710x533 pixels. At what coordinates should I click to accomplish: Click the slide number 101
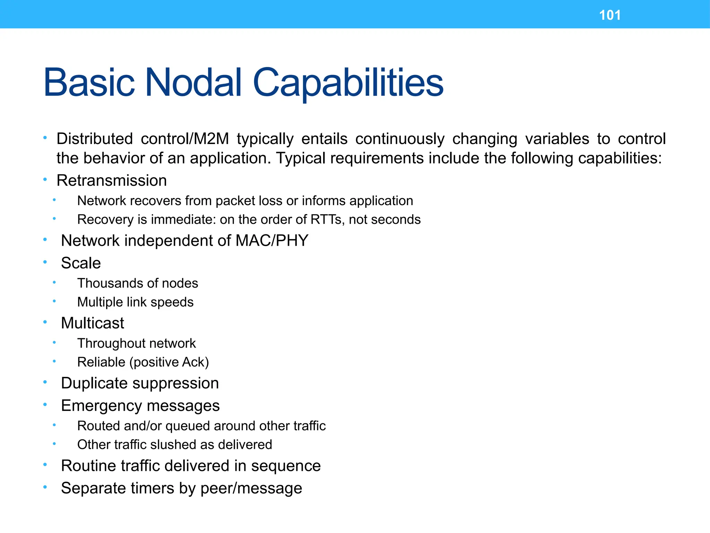[610, 15]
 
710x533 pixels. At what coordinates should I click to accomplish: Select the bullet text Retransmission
[112, 180]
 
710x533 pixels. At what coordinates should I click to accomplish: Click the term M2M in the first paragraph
[211, 139]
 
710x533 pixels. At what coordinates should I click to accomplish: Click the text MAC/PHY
[272, 240]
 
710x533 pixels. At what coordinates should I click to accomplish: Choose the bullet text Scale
[81, 263]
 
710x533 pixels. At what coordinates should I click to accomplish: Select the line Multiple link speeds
[135, 302]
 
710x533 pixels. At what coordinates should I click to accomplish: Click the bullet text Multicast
[93, 323]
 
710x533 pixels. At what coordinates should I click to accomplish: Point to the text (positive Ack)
[169, 362]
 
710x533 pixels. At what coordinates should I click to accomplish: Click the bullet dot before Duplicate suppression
[45, 382]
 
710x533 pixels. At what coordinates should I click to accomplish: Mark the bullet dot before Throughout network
[54, 342]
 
